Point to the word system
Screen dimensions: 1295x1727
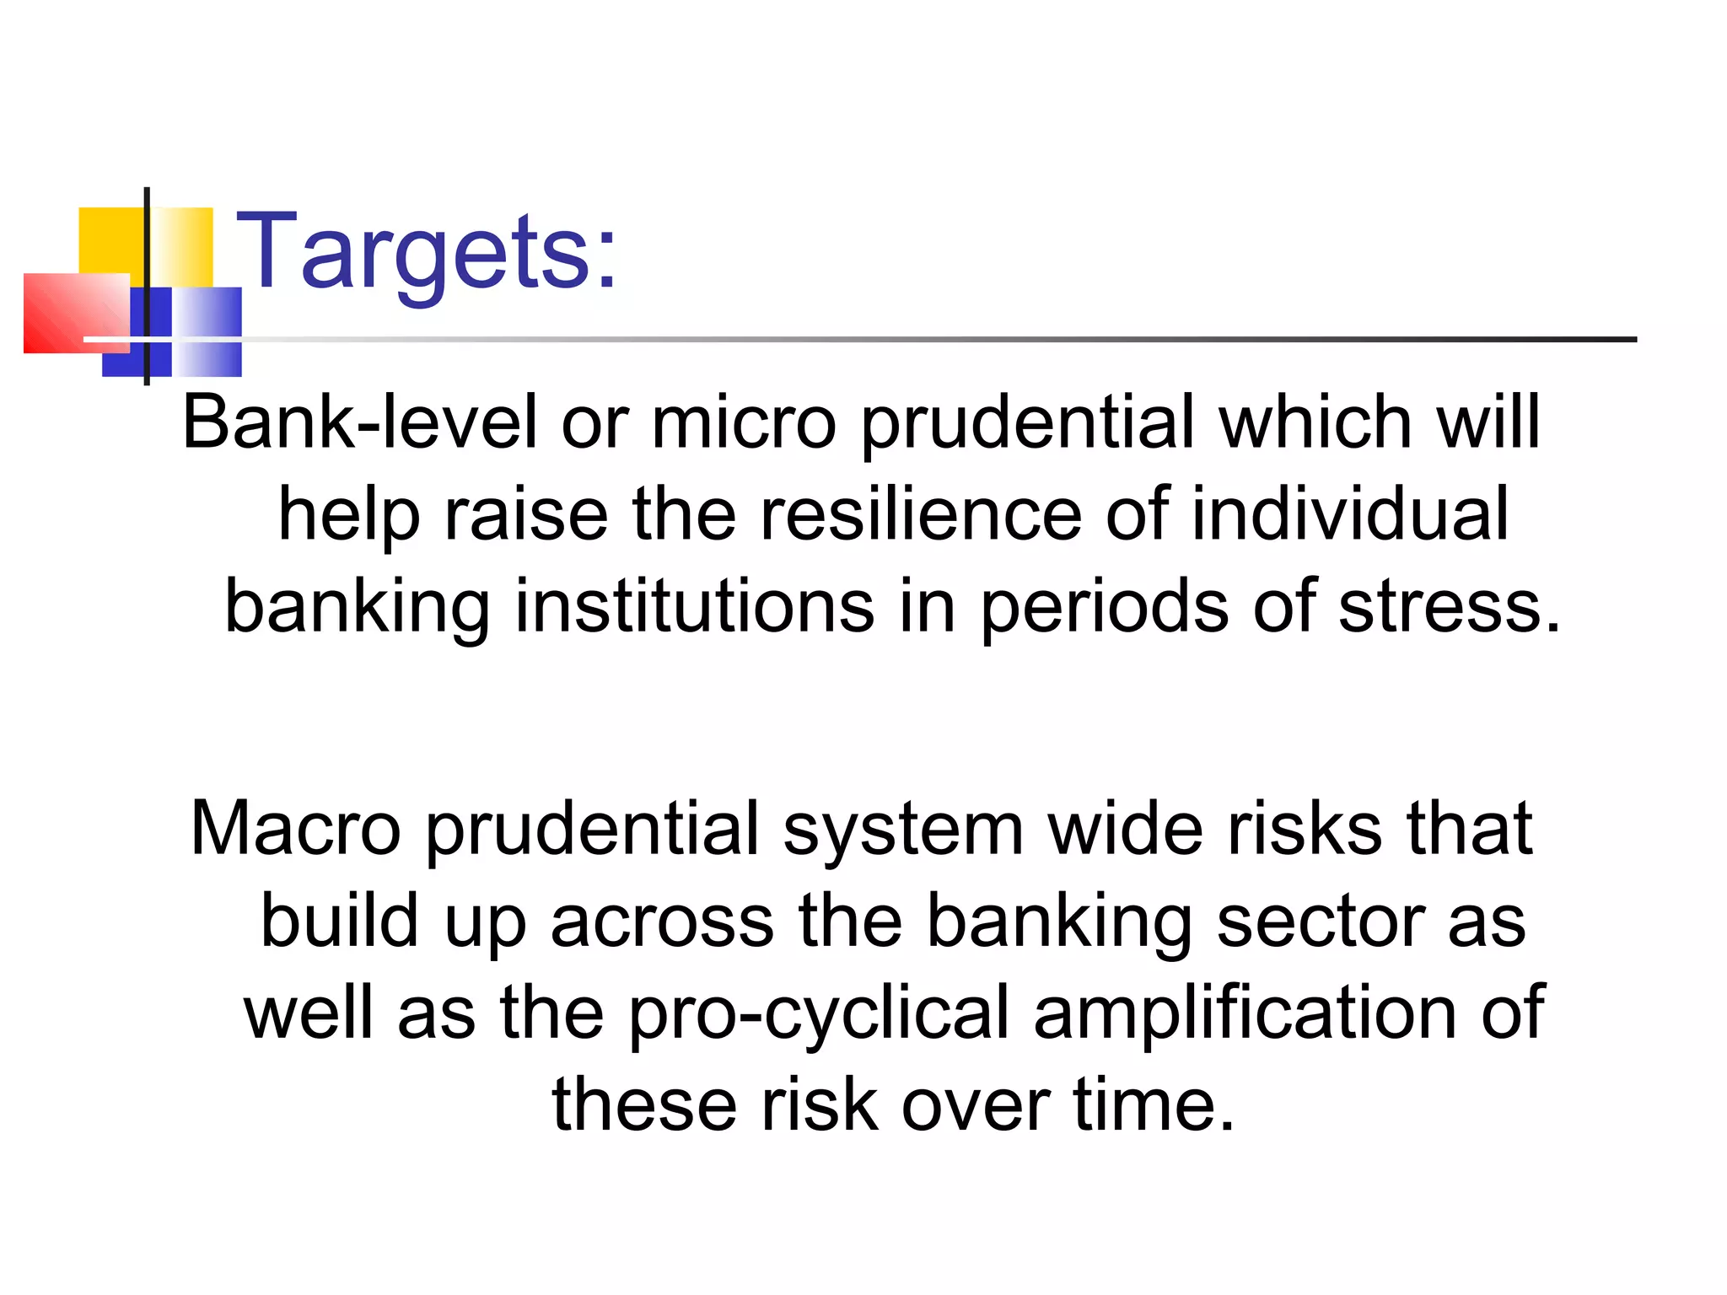[903, 830]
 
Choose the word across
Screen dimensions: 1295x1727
[662, 922]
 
